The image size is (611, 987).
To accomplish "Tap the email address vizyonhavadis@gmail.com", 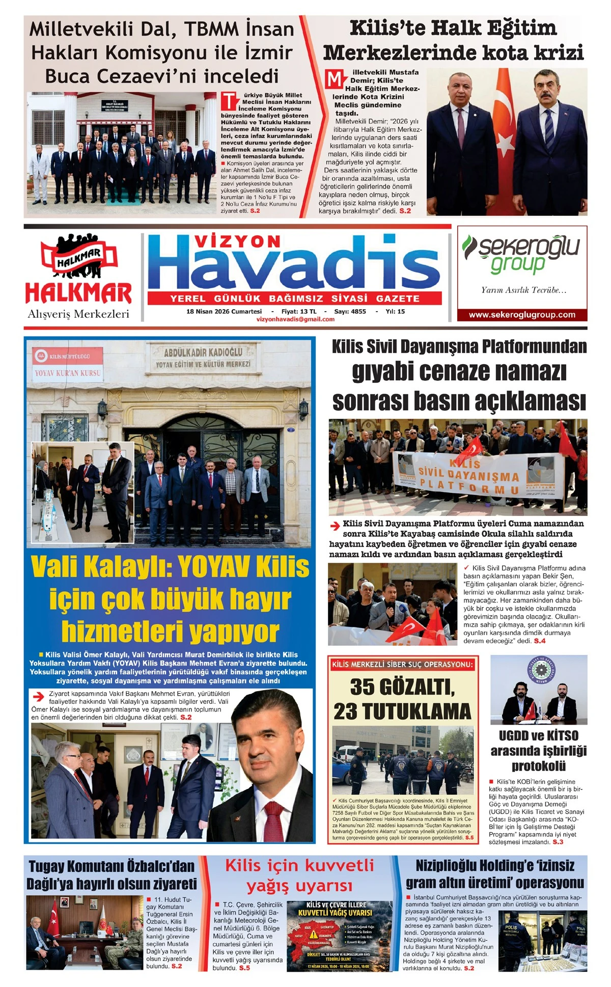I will tap(296, 319).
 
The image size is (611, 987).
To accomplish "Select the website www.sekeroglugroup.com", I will tap(522, 315).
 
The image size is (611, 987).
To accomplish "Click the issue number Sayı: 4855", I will tap(350, 311).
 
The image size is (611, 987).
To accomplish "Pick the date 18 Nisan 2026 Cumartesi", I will tap(224, 311).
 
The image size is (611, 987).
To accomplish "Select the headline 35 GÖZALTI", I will tap(402, 687).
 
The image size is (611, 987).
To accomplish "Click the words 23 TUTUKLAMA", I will tap(402, 711).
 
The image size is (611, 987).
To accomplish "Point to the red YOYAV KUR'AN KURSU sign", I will tap(68, 373).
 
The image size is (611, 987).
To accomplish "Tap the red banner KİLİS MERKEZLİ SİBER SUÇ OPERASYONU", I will tap(402, 664).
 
